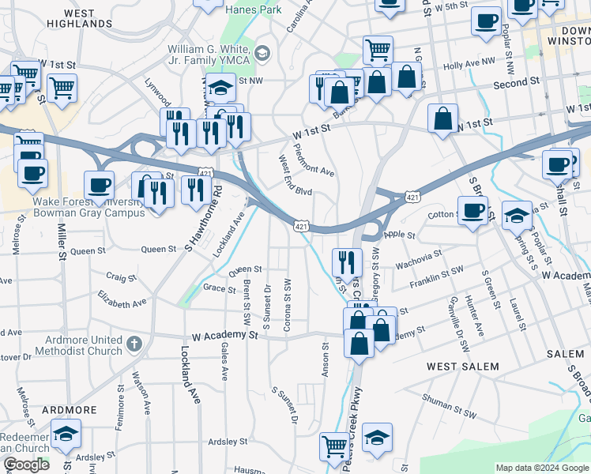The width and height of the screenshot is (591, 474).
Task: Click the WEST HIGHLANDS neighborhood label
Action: (77, 19)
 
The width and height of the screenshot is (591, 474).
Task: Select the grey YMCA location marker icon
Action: (262, 54)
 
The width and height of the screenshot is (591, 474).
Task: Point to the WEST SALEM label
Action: (463, 367)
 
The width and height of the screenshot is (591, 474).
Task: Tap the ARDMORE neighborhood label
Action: (70, 410)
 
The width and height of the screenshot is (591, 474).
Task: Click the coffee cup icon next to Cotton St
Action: (472, 211)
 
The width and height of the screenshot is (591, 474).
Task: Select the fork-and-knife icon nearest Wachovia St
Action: (348, 261)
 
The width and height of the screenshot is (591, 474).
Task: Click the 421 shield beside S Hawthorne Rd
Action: (206, 172)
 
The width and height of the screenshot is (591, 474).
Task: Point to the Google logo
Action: (26, 465)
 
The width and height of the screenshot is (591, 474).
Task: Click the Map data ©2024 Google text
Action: (541, 468)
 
